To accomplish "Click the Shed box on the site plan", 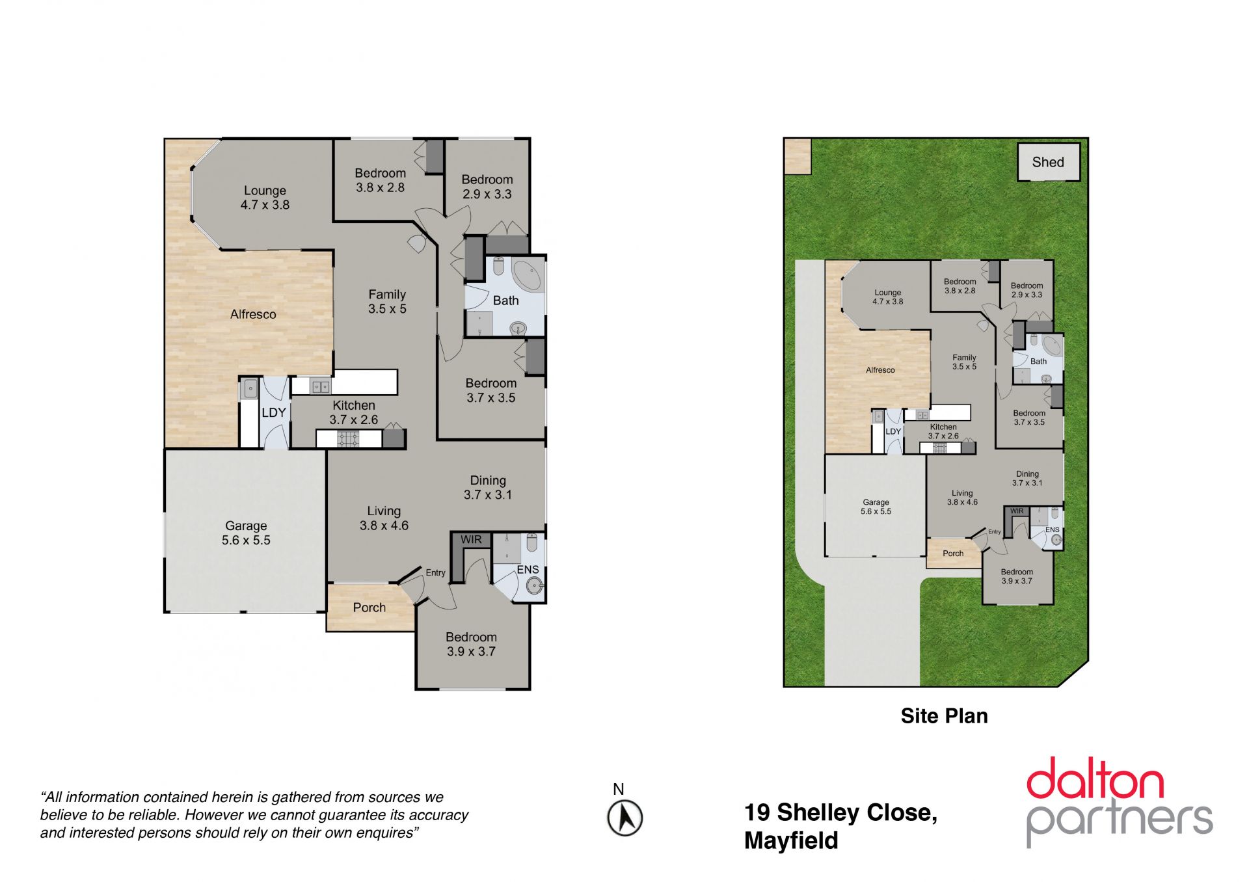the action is (1048, 162).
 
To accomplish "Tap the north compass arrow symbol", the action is (625, 818).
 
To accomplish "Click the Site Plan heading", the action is (944, 716).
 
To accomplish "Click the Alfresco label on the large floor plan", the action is (253, 314).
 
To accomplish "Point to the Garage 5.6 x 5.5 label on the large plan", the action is (246, 533).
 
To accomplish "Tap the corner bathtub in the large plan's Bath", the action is (528, 276).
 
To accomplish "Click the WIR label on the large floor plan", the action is (471, 540).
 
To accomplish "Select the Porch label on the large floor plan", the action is (369, 608).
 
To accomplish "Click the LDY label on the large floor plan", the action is (274, 412).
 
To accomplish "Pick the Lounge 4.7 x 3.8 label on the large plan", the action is (265, 198).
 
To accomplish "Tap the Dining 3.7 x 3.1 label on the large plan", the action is (488, 487).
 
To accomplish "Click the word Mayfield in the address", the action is (791, 841).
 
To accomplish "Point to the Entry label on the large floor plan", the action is (436, 573).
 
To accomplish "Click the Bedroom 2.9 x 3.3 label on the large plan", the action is (487, 187).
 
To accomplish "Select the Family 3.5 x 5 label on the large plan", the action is (387, 302).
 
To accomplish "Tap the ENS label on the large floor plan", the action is (528, 570).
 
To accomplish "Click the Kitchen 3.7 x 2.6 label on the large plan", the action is (353, 412).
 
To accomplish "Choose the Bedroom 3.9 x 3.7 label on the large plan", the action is (471, 644).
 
